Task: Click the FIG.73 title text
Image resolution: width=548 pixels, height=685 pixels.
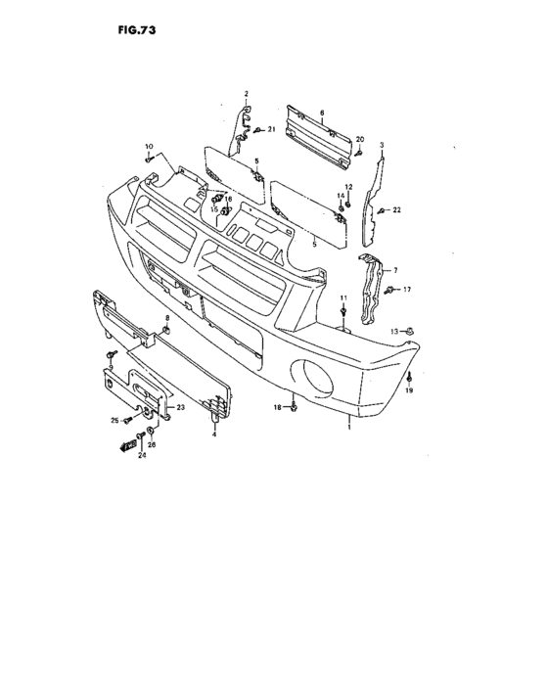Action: click(136, 30)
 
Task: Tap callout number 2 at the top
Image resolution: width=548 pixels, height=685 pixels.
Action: click(246, 94)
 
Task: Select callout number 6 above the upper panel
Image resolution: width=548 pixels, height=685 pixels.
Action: click(322, 113)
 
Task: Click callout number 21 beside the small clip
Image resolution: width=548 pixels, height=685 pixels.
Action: click(272, 129)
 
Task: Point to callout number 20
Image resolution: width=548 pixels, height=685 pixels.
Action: click(360, 139)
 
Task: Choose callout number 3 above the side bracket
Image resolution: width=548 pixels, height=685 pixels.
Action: click(382, 145)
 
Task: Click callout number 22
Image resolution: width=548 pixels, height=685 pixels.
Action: click(396, 210)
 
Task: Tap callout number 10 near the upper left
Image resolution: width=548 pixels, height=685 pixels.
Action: click(149, 147)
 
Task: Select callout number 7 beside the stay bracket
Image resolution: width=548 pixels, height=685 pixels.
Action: click(395, 270)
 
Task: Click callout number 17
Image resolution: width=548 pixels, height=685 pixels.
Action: click(407, 290)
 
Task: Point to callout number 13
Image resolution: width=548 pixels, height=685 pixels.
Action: click(394, 332)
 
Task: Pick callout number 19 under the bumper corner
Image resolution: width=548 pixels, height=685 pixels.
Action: click(409, 390)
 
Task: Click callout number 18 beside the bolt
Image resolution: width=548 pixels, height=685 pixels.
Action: click(278, 408)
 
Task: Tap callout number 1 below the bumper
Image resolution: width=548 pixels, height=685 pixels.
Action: click(348, 428)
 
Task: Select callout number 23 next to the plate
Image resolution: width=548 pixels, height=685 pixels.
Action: click(180, 407)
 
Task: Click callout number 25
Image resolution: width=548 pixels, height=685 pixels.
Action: click(114, 420)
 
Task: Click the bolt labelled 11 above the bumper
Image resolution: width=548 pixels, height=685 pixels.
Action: click(343, 311)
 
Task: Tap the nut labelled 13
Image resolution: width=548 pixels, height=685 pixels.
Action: click(409, 331)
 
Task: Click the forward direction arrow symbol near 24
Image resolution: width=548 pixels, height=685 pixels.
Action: click(128, 446)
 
